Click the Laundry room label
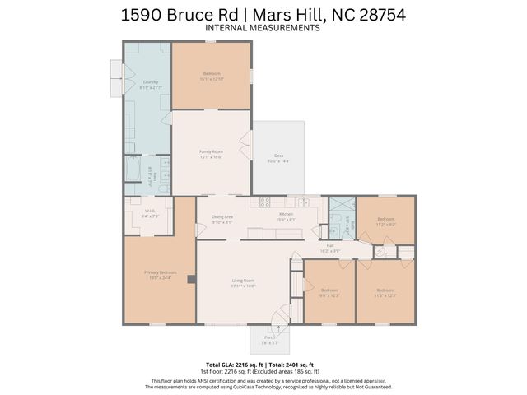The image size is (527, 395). click(150, 82)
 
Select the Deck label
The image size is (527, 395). click(278, 157)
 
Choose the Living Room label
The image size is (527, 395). click(243, 283)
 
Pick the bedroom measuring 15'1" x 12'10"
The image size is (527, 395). click(212, 76)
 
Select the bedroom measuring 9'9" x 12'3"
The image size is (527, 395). click(329, 292)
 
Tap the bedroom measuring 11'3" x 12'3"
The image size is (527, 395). click(385, 292)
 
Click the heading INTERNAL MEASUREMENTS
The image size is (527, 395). click(262, 28)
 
